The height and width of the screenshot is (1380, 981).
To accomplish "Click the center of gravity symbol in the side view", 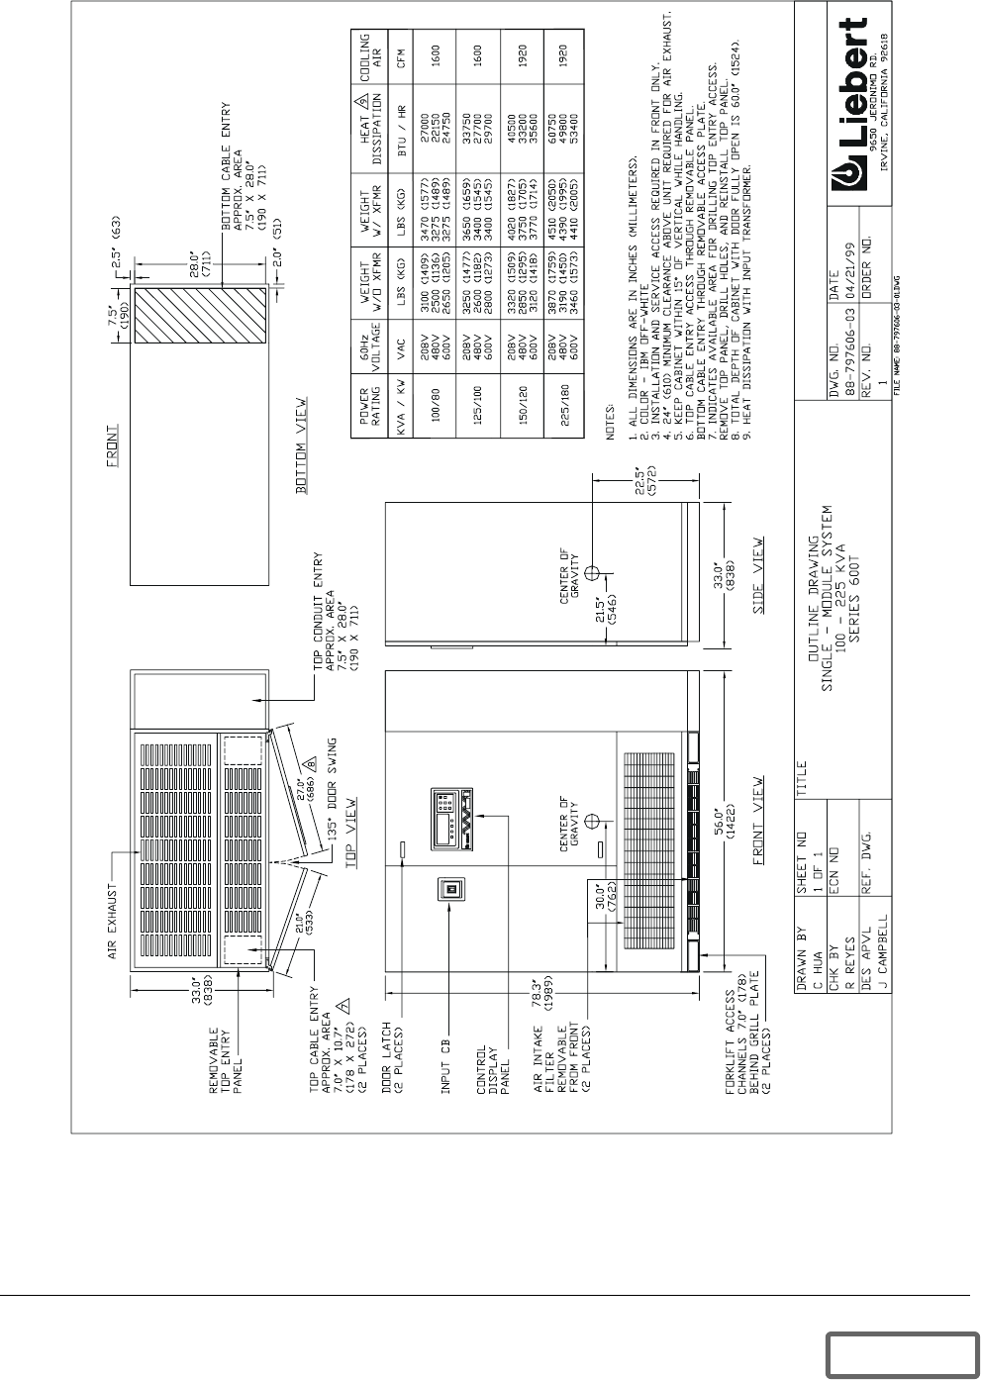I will coord(591,573).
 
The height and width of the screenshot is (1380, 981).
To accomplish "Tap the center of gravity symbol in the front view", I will coord(591,818).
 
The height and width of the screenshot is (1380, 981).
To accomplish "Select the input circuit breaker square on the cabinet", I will coord(451,890).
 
